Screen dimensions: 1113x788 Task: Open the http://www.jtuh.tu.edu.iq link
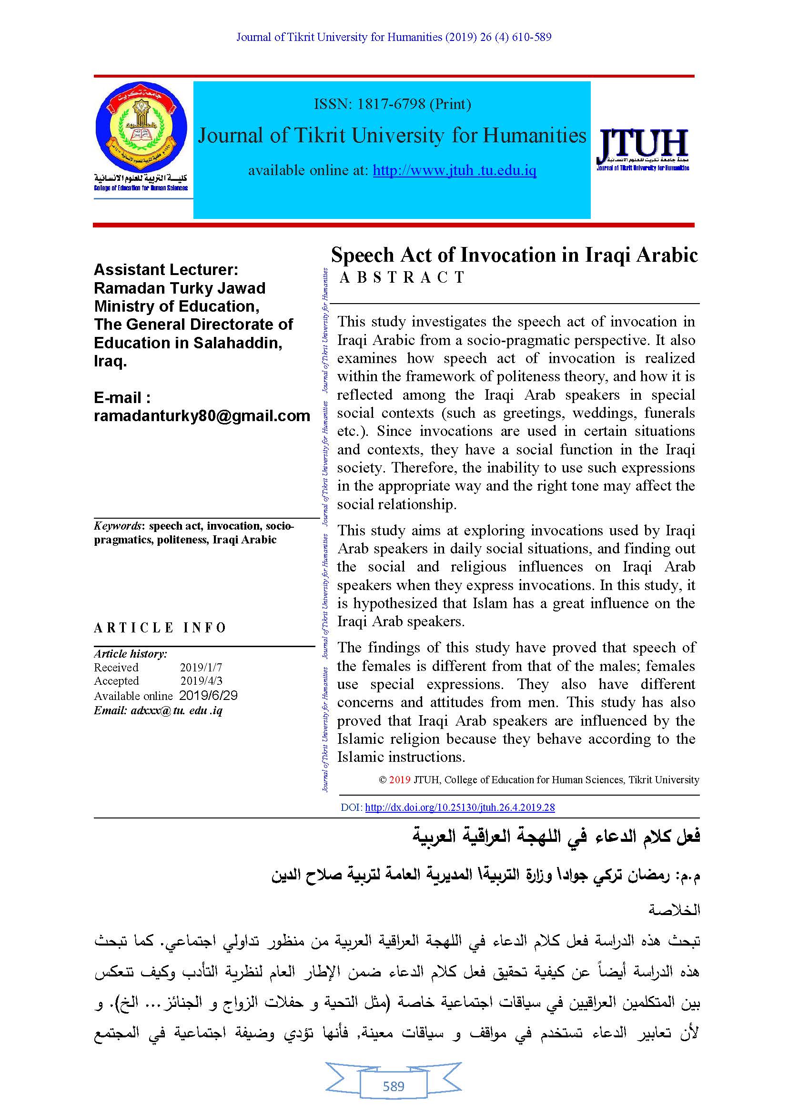(454, 171)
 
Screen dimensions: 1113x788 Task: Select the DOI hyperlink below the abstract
(459, 808)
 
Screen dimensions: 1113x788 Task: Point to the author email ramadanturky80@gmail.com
(202, 415)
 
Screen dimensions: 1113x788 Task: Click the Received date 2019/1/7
(201, 668)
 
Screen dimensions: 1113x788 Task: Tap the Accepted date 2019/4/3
(202, 681)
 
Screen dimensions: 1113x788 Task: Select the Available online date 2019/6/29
(208, 696)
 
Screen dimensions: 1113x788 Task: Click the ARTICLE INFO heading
(160, 628)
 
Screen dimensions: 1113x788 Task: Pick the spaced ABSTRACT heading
(402, 277)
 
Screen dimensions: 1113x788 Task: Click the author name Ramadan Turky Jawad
(180, 288)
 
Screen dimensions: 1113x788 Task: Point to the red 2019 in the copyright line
(399, 780)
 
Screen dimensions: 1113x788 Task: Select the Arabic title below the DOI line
(556, 837)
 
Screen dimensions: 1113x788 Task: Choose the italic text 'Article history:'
(131, 653)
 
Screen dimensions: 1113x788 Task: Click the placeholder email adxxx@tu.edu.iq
(158, 711)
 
